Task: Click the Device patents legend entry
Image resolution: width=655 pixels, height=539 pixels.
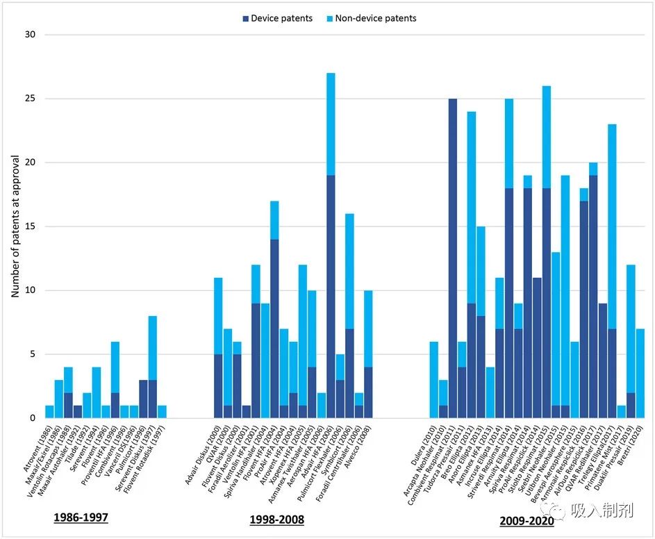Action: coord(278,18)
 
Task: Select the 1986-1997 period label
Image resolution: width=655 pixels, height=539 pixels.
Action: coord(81,519)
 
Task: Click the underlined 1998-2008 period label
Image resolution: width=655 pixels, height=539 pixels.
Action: coord(276,519)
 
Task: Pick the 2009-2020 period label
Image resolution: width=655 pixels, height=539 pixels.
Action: coord(526,520)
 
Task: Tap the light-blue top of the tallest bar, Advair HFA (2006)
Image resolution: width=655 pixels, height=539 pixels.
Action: coord(331,124)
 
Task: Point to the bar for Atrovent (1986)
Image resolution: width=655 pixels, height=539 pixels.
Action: coord(49,411)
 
